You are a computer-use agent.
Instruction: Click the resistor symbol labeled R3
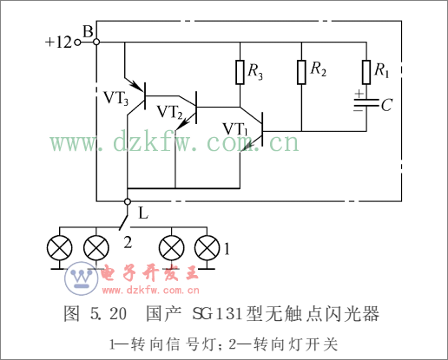tap(240, 72)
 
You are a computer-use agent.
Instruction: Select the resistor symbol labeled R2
tap(301, 72)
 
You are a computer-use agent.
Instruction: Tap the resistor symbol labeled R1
tap(366, 72)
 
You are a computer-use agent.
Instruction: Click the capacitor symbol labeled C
tap(366, 103)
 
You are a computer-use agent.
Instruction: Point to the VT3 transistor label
tap(115, 98)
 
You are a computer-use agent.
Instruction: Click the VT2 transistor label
tap(170, 112)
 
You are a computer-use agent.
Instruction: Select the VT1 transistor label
tap(235, 128)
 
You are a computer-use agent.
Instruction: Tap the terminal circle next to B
tap(96, 43)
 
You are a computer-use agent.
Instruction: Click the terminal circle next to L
tap(128, 201)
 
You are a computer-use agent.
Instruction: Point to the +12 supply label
tap(58, 43)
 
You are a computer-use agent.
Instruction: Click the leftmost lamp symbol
tap(60, 248)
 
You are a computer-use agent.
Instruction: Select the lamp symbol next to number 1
tap(207, 248)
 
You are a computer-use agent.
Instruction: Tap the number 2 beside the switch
tap(128, 243)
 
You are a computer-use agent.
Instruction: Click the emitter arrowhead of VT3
tap(138, 86)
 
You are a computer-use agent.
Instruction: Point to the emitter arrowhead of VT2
tap(181, 126)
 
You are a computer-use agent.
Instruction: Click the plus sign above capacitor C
tap(359, 94)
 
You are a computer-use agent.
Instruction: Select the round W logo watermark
tap(82, 278)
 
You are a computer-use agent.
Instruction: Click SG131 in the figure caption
tap(219, 314)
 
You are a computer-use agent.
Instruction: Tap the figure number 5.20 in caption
tap(109, 314)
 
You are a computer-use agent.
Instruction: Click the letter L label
tap(143, 214)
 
